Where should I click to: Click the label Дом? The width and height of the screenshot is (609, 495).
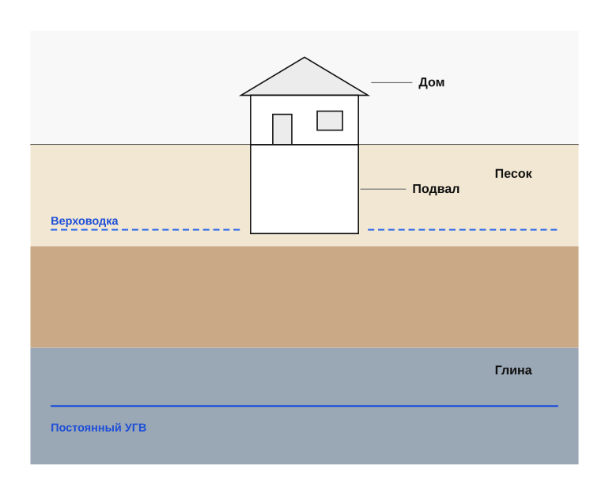click(x=431, y=83)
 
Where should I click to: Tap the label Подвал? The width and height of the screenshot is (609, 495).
click(x=436, y=189)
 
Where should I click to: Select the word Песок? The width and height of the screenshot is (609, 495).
click(x=513, y=173)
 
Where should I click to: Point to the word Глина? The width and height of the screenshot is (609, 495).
click(x=513, y=370)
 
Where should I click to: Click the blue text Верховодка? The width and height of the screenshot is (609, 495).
click(x=85, y=221)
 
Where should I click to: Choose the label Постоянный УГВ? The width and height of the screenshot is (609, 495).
click(x=99, y=428)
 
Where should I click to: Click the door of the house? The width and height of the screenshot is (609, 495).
click(x=282, y=129)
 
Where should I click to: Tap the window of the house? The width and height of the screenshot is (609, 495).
click(x=330, y=121)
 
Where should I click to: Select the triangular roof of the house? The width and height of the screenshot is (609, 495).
click(x=304, y=80)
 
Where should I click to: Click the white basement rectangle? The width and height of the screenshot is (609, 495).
click(x=304, y=189)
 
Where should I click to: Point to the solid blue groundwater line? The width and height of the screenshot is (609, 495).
click(x=304, y=406)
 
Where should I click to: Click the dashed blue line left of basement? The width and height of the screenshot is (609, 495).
click(x=146, y=230)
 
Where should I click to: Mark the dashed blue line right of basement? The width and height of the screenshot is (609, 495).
click(x=463, y=230)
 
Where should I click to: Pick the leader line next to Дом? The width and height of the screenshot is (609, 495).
click(x=391, y=83)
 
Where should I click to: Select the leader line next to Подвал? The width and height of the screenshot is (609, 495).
click(x=383, y=189)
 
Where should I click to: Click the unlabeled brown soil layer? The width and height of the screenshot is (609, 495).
click(x=304, y=297)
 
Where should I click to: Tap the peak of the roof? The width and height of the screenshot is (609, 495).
click(x=304, y=58)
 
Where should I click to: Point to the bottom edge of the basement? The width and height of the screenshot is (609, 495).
click(x=304, y=233)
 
